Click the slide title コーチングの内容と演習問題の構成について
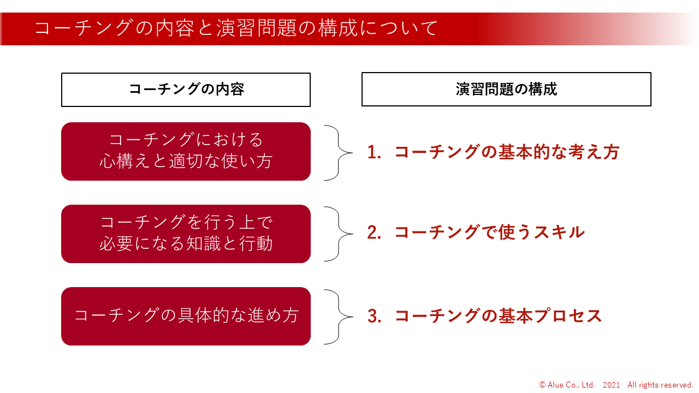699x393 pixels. pos(236,28)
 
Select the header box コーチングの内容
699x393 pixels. pos(186,90)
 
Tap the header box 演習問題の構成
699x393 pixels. pos(506,89)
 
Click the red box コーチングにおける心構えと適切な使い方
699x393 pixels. pos(186,151)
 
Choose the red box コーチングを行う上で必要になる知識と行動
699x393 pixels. pos(186,234)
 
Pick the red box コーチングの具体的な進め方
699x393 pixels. pos(186,316)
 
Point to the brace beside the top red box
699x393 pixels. pos(339,153)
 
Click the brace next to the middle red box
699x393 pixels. pos(339,234)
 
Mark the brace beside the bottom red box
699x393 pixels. pos(339,317)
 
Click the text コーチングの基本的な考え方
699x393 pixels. pos(507,152)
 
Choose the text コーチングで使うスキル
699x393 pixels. pos(489,233)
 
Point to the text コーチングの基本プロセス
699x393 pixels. pos(498,316)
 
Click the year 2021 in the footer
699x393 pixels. pos(611,385)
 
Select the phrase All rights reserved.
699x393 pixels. pos(660,385)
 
